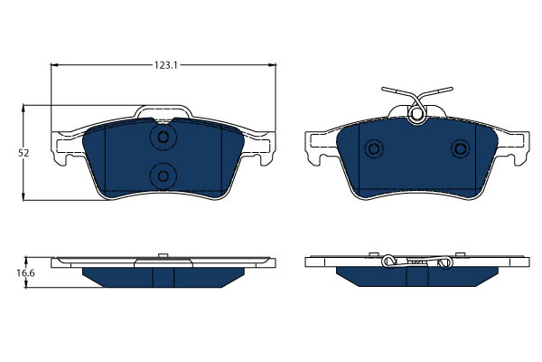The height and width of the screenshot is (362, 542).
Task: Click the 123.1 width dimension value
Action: coord(163,64)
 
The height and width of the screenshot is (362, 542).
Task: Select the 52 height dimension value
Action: coord(24,153)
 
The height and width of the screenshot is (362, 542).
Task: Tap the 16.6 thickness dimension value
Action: coord(24,271)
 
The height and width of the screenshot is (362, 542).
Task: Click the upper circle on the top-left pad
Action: coord(163,138)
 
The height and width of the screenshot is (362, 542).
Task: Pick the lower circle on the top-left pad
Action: coord(163,175)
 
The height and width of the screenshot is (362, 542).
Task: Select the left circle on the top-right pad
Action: coord(371,149)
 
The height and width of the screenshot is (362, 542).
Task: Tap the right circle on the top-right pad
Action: coord(461,149)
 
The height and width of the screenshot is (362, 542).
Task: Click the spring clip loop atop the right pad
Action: coord(416,114)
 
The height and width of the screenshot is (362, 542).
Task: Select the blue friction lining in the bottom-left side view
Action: coord(163,276)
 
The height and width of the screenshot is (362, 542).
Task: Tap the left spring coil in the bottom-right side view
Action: coord(389,262)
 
